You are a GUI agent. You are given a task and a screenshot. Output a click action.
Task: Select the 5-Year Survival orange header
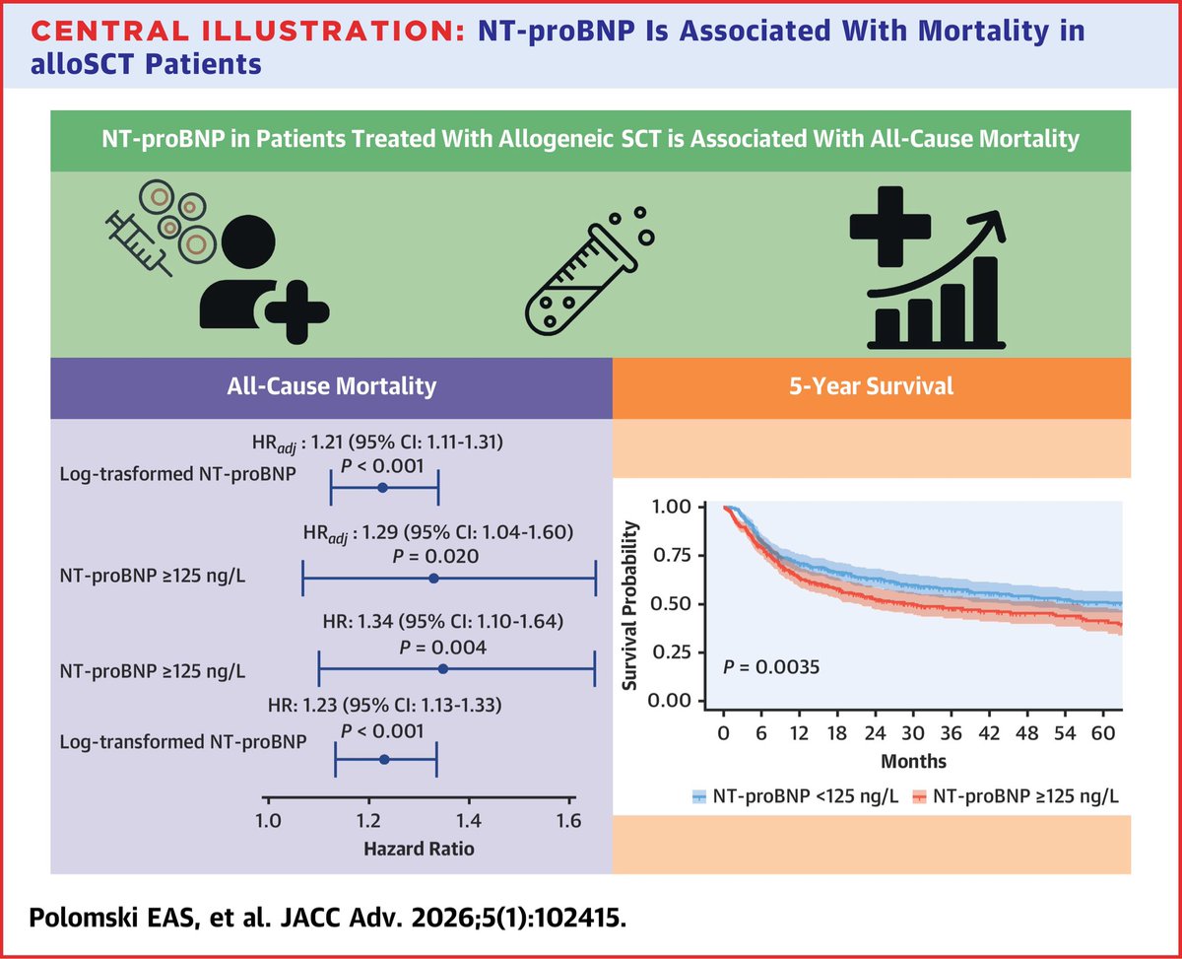pos(896,386)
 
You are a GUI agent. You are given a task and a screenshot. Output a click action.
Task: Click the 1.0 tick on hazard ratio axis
pos(267,820)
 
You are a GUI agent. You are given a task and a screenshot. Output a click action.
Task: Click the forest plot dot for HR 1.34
pos(442,669)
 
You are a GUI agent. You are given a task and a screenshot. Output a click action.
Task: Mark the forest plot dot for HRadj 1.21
pos(383,488)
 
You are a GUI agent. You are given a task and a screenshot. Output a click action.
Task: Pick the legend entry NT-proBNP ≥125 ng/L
pos(1017,795)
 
